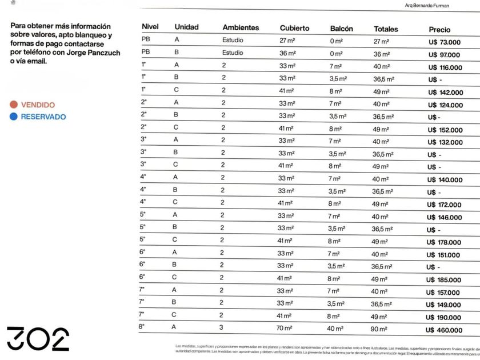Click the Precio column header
click(439, 29)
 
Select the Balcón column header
click(341, 29)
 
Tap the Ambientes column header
click(241, 27)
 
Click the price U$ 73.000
click(445, 42)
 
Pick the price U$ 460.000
click(445, 330)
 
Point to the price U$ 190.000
click(444, 318)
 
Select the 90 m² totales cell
click(380, 330)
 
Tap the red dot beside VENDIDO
click(13, 105)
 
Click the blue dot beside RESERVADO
click(13, 117)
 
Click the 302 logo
click(38, 338)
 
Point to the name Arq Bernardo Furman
click(427, 6)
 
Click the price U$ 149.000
click(444, 305)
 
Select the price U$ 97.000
click(445, 55)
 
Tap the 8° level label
click(142, 327)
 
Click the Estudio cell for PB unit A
click(233, 40)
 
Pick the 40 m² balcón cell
click(335, 329)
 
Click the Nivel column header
click(150, 27)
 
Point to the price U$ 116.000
click(445, 67)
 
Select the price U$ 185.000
click(444, 280)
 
